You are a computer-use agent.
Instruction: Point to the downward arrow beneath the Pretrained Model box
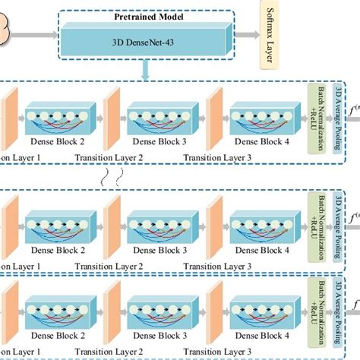144,70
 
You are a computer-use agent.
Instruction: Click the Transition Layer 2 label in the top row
108,154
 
